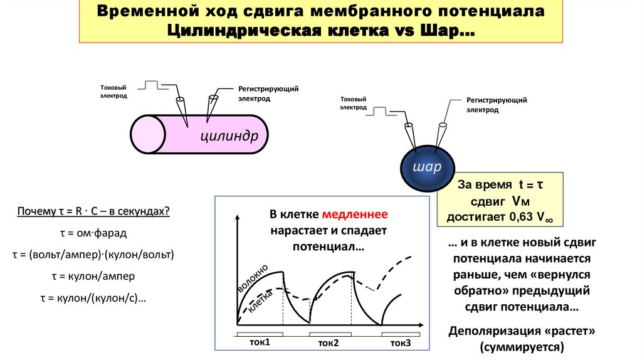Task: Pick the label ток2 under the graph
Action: (328, 343)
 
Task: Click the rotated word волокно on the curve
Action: (253, 278)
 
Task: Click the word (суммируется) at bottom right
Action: (522, 346)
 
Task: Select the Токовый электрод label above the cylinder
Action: (113, 92)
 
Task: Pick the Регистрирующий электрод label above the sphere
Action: (496, 105)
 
